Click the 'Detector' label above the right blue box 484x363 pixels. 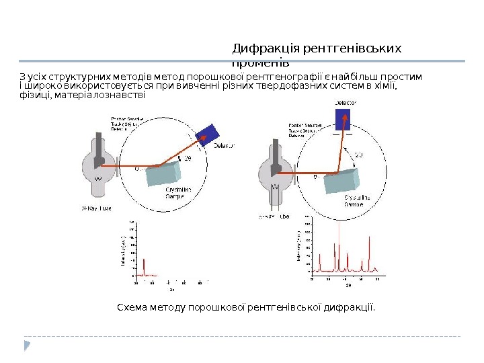click(346, 102)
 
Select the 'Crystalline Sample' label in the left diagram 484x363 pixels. click(178, 193)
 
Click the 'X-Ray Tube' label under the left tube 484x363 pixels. click(96, 208)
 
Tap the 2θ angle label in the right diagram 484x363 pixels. click(359, 155)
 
